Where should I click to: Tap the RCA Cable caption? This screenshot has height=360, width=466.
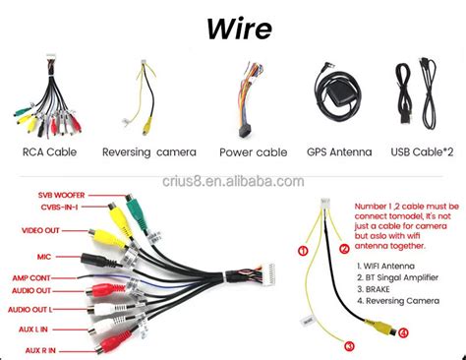coord(48,151)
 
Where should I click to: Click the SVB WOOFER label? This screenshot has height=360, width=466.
coord(60,195)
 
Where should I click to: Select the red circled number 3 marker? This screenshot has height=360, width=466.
coord(349,343)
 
